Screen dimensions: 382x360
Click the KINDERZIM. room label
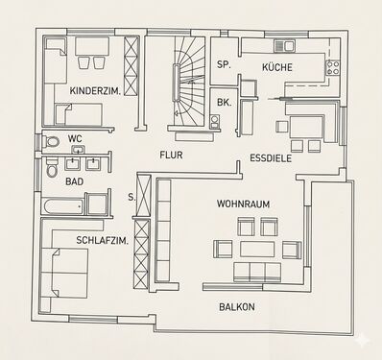pos(95,91)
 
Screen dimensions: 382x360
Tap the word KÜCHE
pos(277,67)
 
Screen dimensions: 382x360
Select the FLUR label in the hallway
pos(171,156)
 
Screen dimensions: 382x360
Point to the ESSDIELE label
pos(271,158)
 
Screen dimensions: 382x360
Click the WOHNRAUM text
pos(243,204)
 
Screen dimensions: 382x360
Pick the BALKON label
pos(237,307)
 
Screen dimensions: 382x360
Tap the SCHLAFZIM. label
pos(103,240)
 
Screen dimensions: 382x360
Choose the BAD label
pos(74,181)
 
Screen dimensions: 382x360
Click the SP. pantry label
pos(224,64)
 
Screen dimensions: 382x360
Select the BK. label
pos(224,103)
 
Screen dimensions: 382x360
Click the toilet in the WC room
pos(51,141)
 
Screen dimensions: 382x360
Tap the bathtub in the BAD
pos(62,207)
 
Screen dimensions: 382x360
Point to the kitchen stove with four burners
pos(333,67)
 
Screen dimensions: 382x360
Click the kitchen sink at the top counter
pos(284,46)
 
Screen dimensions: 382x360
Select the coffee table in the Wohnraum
pos(257,250)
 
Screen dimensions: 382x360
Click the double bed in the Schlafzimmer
pos(65,273)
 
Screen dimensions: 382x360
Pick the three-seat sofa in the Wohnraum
pos(257,273)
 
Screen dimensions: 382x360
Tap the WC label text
pos(75,139)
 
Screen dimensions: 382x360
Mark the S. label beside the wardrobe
pos(131,198)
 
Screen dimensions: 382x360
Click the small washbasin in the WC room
pos(78,149)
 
